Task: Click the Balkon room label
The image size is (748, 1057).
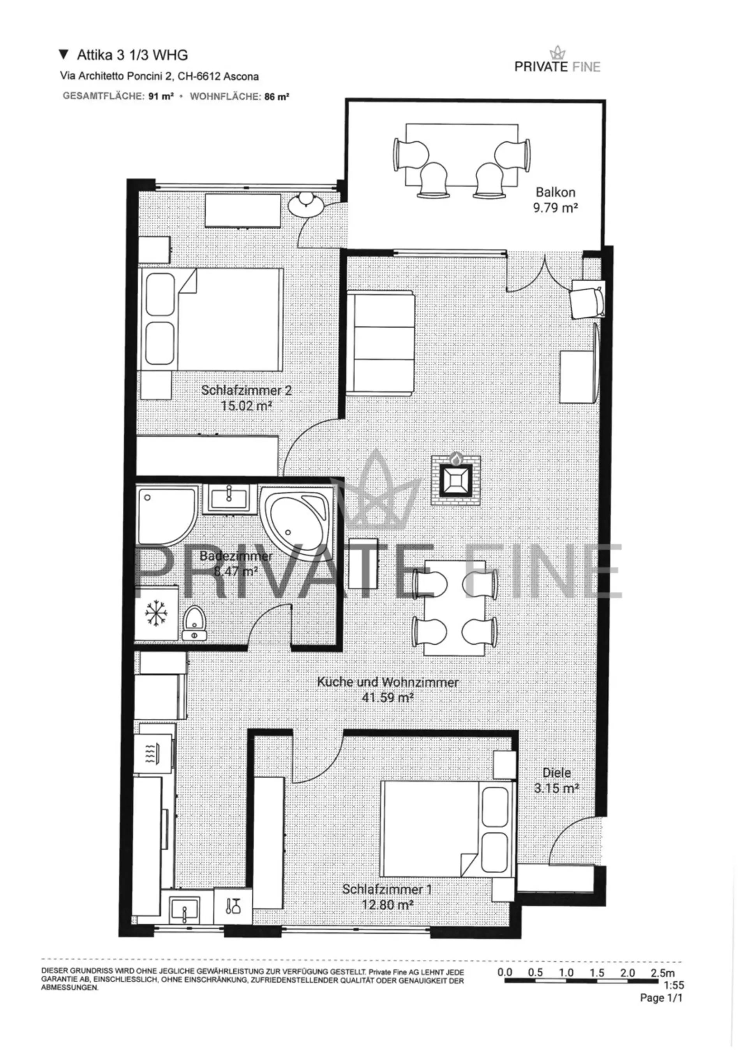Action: point(556,192)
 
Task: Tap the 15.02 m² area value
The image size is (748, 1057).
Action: point(246,406)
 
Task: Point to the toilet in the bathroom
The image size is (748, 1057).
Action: point(194,623)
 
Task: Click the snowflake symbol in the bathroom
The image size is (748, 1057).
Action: point(157,614)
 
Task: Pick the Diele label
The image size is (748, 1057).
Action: point(556,773)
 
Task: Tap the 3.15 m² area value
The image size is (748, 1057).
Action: point(556,788)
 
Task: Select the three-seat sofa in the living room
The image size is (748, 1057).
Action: point(381,343)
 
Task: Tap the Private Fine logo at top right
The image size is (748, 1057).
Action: point(557,60)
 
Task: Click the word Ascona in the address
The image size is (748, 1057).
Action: point(241,76)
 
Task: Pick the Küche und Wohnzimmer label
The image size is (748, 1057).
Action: point(387,682)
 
